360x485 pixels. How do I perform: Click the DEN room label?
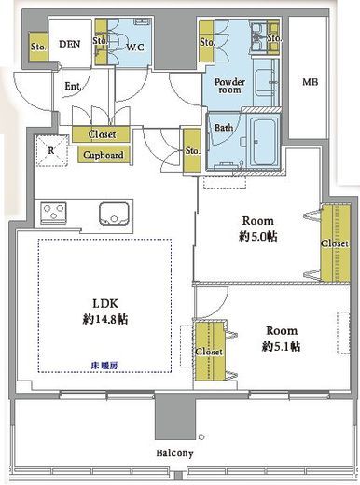click(x=70, y=44)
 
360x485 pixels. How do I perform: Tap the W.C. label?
click(x=135, y=48)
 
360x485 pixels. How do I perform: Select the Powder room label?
click(x=229, y=86)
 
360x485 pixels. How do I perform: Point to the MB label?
click(x=311, y=82)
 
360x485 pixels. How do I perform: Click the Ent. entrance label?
click(x=73, y=86)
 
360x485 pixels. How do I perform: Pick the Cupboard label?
click(x=104, y=155)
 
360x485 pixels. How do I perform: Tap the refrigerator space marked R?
click(x=51, y=150)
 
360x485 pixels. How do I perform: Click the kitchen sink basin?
click(x=114, y=214)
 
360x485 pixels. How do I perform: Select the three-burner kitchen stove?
click(x=53, y=213)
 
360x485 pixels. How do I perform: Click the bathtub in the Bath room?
click(x=265, y=142)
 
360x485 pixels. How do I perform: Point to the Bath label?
click(x=224, y=128)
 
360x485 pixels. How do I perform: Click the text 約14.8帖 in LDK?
click(x=105, y=319)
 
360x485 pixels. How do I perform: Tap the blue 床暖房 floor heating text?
click(x=104, y=366)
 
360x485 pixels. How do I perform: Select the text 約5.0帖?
click(x=258, y=237)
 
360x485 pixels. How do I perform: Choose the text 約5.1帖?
click(x=281, y=346)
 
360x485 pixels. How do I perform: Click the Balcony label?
click(x=174, y=453)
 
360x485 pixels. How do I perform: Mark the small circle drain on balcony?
click(x=201, y=437)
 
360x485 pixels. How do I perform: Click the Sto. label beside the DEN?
click(x=38, y=47)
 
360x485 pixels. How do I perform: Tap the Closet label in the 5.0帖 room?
click(x=335, y=242)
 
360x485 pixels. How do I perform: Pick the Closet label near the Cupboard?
click(x=102, y=134)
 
